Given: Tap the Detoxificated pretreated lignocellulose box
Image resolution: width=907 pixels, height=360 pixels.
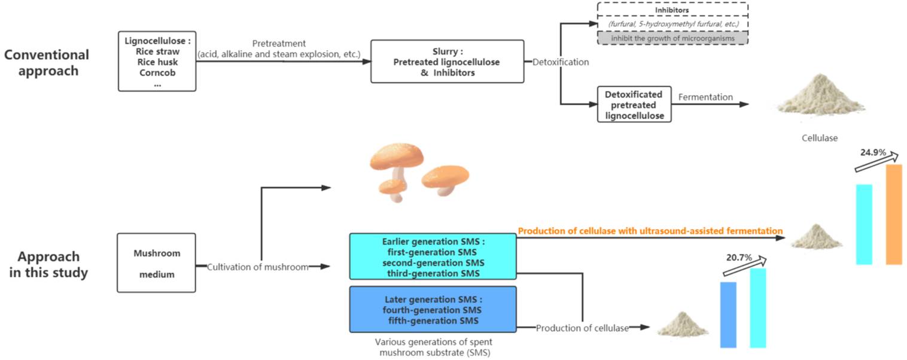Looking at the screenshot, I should [x=634, y=105].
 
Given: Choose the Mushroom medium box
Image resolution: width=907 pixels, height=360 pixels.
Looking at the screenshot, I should [x=156, y=263].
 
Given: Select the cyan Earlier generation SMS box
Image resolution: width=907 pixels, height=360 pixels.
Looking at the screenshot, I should [x=433, y=257].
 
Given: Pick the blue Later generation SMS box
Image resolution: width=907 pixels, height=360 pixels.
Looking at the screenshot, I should [x=433, y=309].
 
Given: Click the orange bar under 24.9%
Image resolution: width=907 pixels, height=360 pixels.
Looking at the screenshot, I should [x=893, y=214].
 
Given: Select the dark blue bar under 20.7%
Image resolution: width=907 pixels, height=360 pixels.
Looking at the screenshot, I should [x=728, y=314].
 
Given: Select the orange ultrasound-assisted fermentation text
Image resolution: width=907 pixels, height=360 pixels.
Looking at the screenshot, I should [x=650, y=230].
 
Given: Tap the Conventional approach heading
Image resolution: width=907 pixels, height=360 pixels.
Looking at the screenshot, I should [x=47, y=63].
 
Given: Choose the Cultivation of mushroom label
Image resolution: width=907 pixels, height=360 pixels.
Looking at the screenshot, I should [x=258, y=267].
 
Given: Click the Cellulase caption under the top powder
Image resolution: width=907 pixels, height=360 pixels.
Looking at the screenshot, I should [x=820, y=138].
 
